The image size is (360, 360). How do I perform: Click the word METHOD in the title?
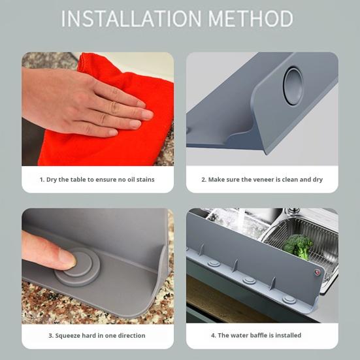[251, 18]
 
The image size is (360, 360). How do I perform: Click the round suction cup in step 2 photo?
[293, 86]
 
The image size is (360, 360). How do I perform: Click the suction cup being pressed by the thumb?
[78, 267]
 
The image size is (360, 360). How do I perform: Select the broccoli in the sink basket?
[297, 246]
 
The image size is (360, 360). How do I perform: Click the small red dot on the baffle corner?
[318, 272]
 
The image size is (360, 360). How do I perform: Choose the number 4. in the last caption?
[214, 335]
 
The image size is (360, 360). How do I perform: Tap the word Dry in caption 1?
[52, 180]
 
